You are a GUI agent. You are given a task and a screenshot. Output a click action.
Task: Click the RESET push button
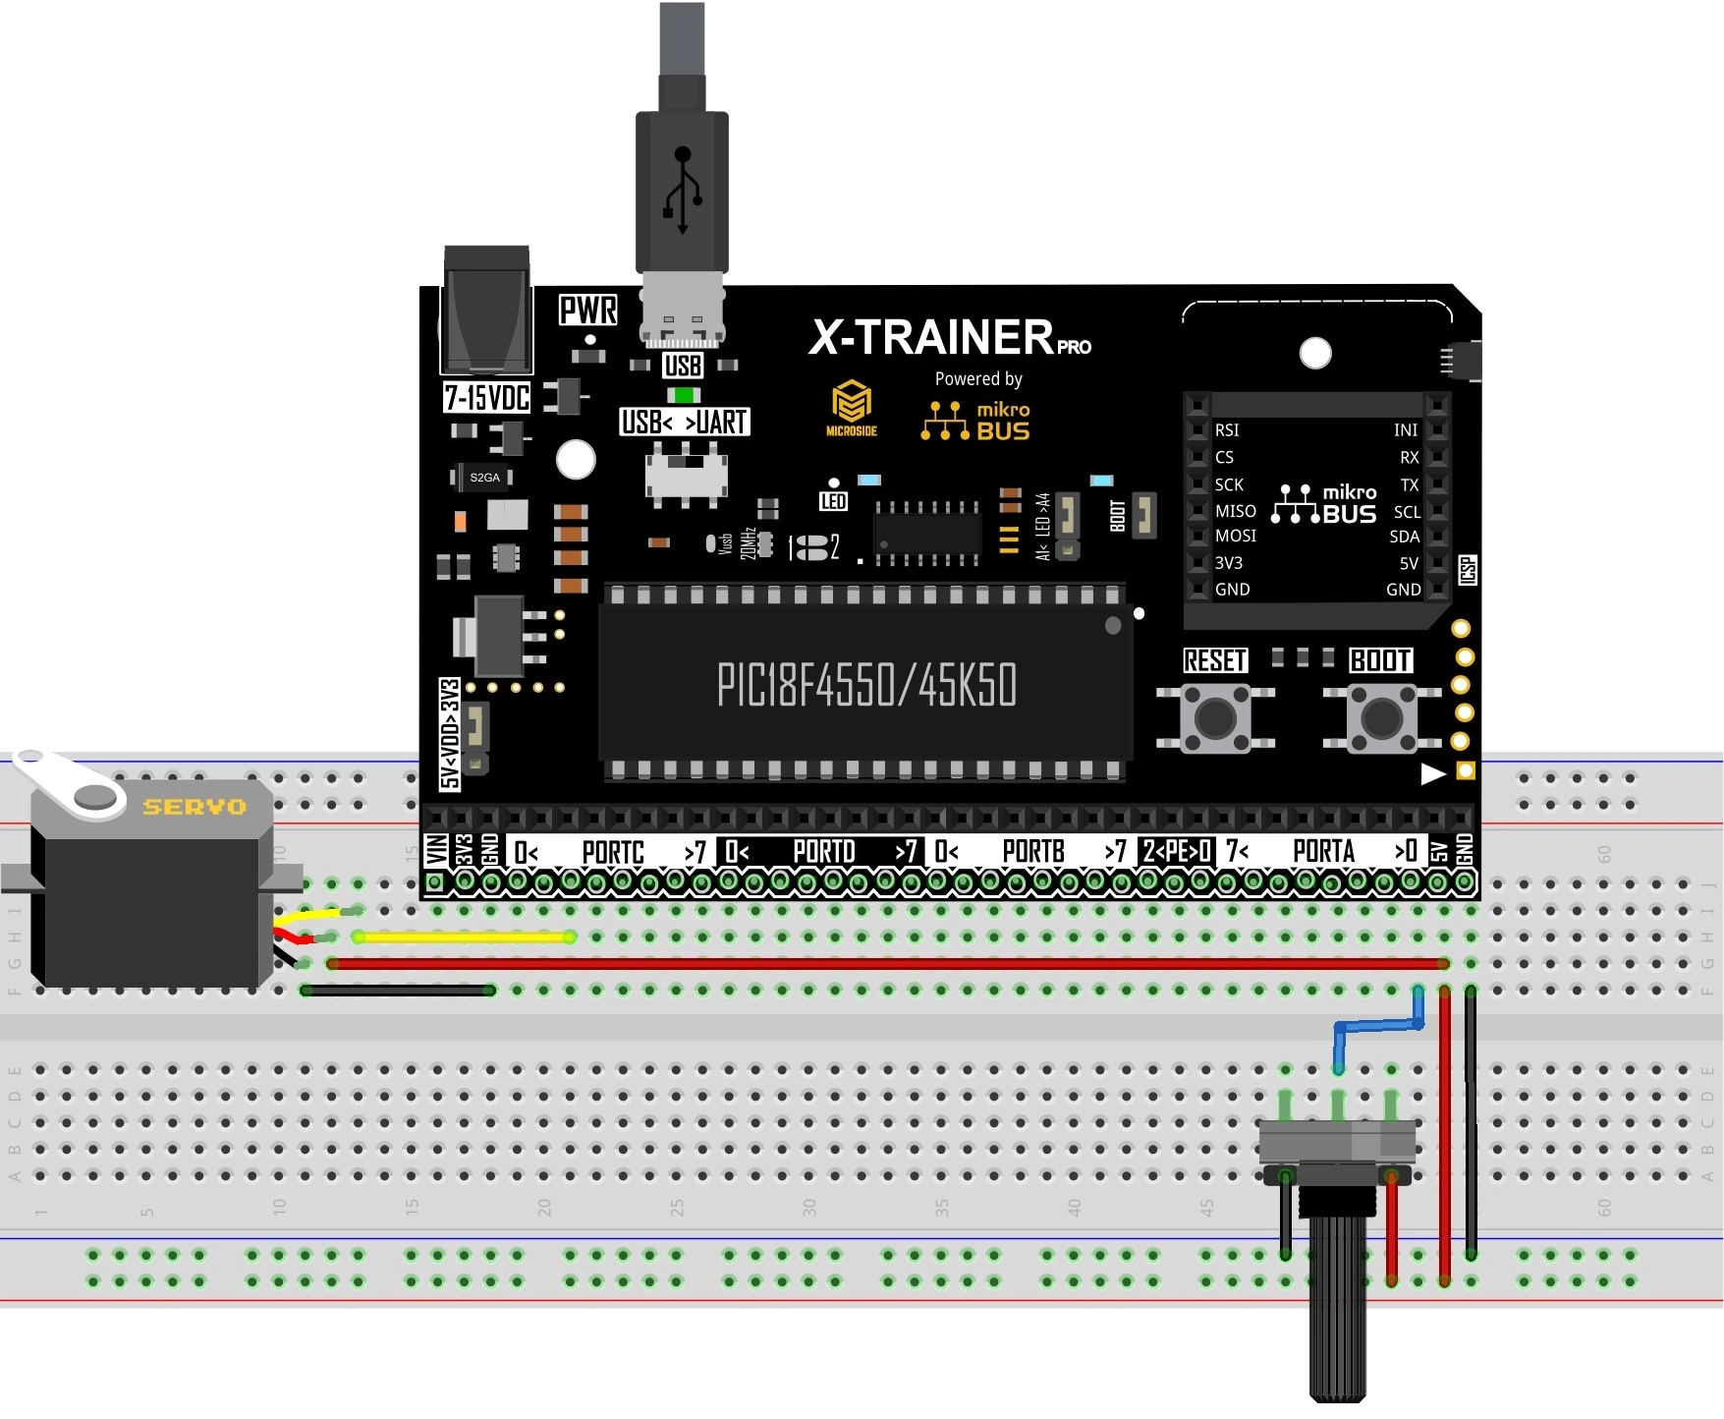[x=1215, y=718]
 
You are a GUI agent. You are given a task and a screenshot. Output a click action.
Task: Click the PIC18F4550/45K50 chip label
[x=866, y=685]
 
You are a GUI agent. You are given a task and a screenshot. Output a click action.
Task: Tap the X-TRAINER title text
[x=931, y=337]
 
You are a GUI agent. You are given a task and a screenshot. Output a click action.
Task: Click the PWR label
[x=587, y=311]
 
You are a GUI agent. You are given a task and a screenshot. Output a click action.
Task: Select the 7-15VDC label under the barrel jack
[x=487, y=398]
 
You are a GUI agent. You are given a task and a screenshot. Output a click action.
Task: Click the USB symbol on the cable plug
[x=683, y=192]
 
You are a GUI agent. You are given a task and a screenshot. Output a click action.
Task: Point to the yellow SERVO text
[x=195, y=807]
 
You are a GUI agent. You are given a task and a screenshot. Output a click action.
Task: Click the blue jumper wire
[x=1378, y=1026]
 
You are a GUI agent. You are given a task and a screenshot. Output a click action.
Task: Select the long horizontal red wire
[x=884, y=964]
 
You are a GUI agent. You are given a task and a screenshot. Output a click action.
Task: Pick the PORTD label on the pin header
[x=823, y=852]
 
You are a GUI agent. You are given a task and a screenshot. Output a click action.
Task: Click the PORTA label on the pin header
[x=1323, y=852]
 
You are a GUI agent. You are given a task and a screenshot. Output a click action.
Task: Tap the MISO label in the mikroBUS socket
[x=1235, y=511]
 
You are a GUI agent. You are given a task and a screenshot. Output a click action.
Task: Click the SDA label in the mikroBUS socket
[x=1404, y=537]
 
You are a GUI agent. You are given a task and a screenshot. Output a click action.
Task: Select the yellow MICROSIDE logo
[x=851, y=407]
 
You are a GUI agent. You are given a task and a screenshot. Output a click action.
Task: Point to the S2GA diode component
[x=483, y=478]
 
